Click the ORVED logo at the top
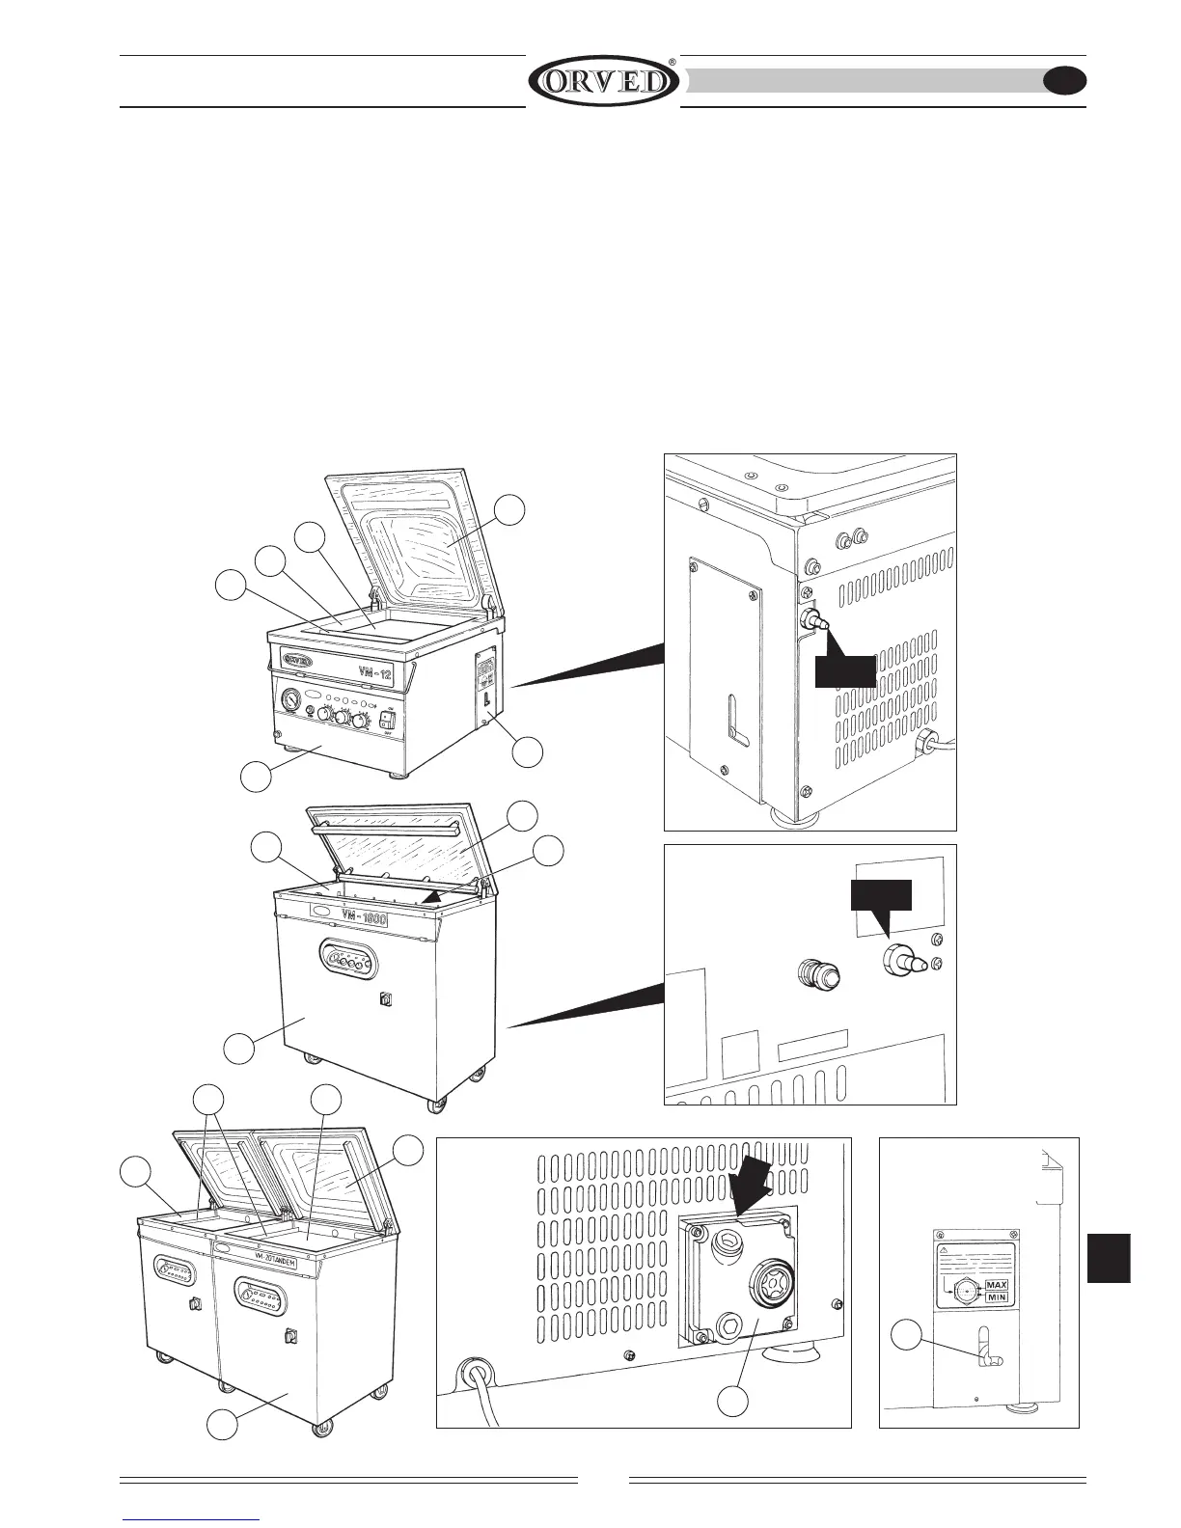click(603, 81)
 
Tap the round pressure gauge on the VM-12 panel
click(289, 697)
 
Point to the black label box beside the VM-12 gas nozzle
click(845, 671)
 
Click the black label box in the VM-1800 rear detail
click(880, 896)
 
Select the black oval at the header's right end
click(1065, 81)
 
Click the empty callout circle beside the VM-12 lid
click(510, 509)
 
